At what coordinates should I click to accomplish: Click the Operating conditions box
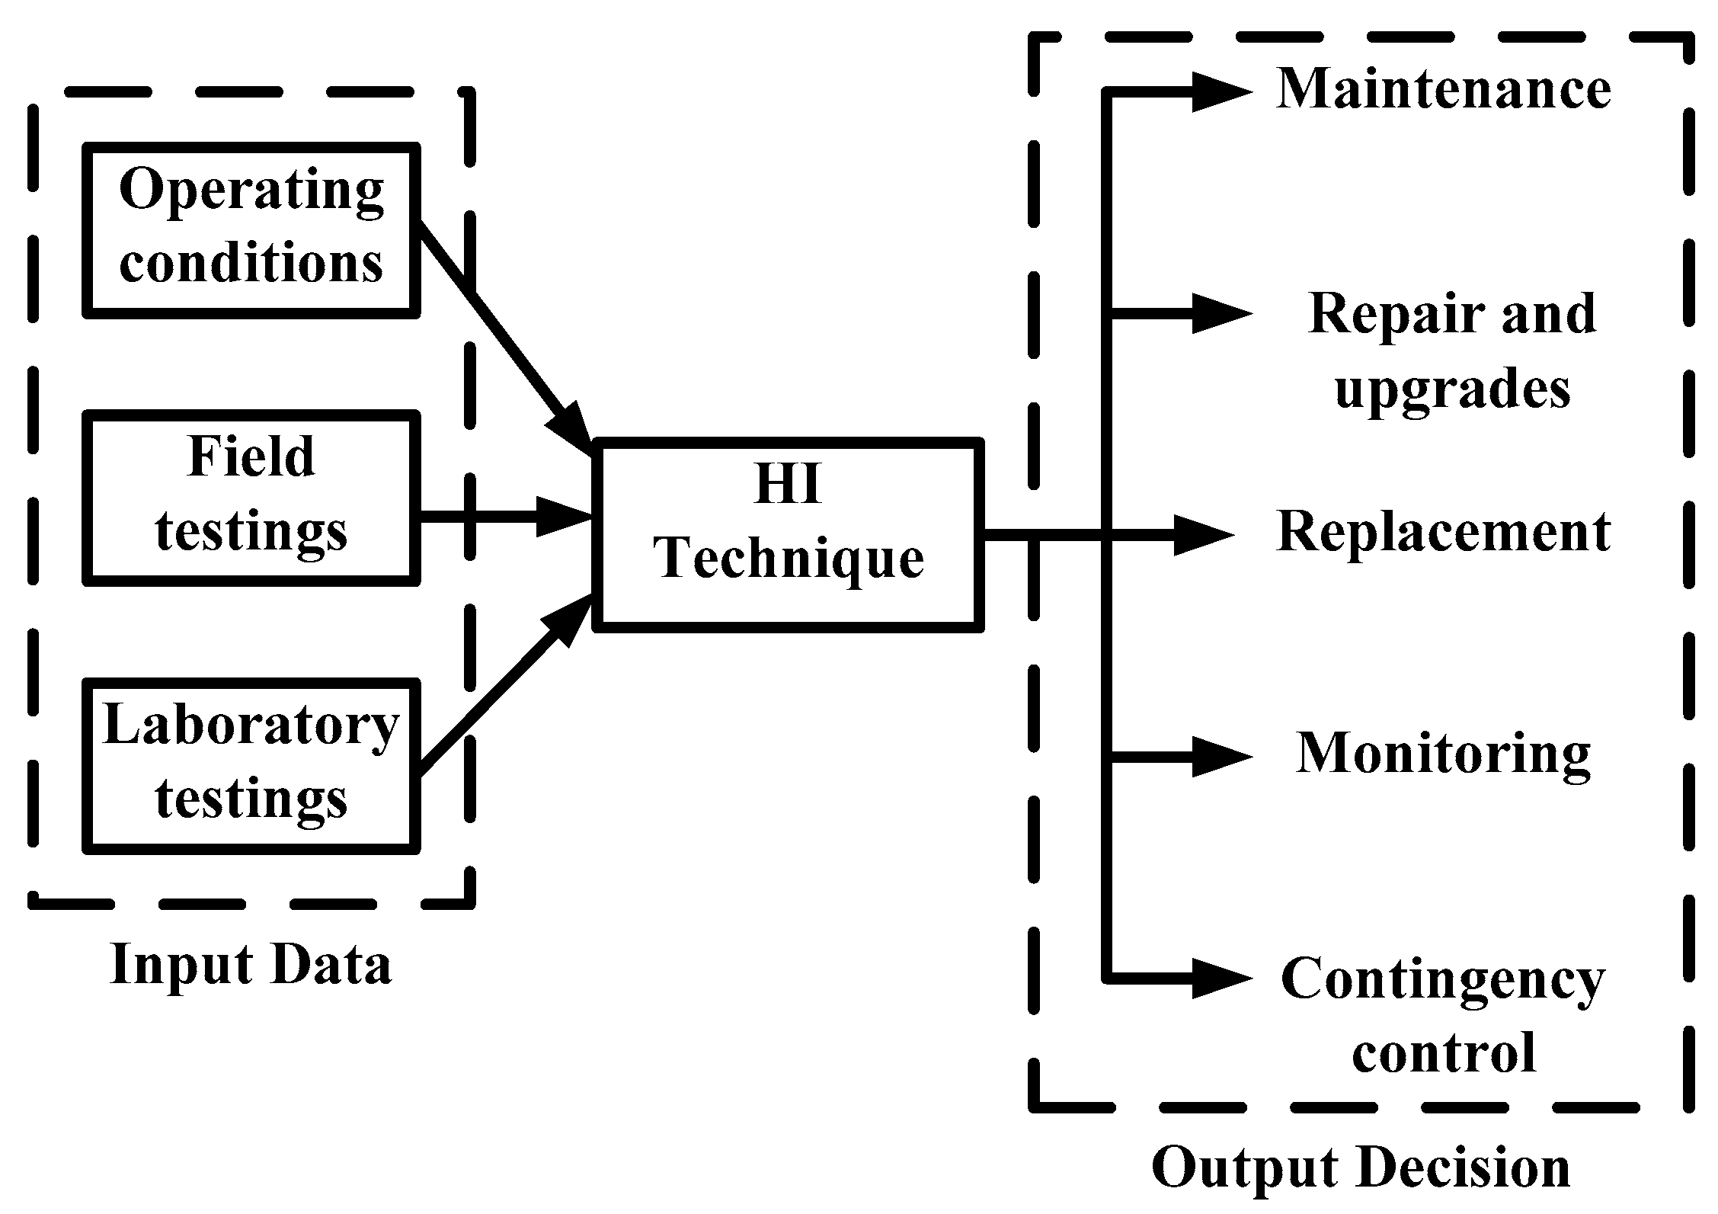pyautogui.click(x=251, y=229)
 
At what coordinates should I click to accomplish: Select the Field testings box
pyautogui.click(x=251, y=497)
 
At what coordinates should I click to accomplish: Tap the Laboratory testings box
pyautogui.click(x=251, y=764)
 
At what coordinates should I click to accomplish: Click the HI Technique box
pyautogui.click(x=789, y=534)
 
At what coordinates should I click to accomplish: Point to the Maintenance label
pyautogui.click(x=1443, y=89)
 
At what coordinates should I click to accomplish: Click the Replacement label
pyautogui.click(x=1443, y=531)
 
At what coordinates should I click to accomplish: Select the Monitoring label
pyautogui.click(x=1443, y=754)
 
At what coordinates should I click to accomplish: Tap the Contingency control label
pyautogui.click(x=1443, y=1015)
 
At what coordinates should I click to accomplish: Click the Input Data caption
pyautogui.click(x=251, y=965)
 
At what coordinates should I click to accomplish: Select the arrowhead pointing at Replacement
pyautogui.click(x=1202, y=535)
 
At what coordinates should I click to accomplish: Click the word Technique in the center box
pyautogui.click(x=789, y=559)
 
